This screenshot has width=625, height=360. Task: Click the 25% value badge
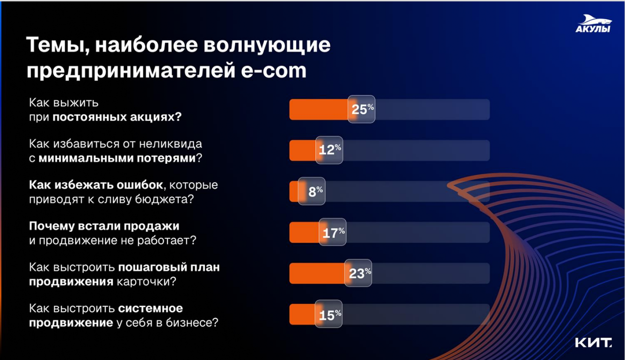click(x=361, y=109)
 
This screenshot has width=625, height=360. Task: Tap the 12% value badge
click(x=329, y=150)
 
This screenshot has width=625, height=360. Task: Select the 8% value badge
click(x=312, y=191)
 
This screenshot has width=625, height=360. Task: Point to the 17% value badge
click(x=333, y=232)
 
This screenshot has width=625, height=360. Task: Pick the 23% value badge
click(x=358, y=273)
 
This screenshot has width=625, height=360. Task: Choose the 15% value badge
click(x=329, y=314)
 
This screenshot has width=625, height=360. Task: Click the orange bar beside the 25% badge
click(x=319, y=110)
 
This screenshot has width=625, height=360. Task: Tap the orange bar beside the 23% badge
click(x=317, y=273)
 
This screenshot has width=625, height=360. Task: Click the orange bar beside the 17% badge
click(x=305, y=232)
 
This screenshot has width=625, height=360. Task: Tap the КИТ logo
click(x=594, y=343)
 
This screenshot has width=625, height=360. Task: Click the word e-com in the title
click(x=274, y=71)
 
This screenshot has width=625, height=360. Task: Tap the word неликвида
click(x=170, y=144)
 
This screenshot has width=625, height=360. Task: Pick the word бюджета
click(x=164, y=199)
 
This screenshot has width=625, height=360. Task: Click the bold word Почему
click(x=51, y=227)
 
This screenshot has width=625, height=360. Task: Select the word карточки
click(x=146, y=281)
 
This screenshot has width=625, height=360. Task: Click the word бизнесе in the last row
click(x=192, y=323)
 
